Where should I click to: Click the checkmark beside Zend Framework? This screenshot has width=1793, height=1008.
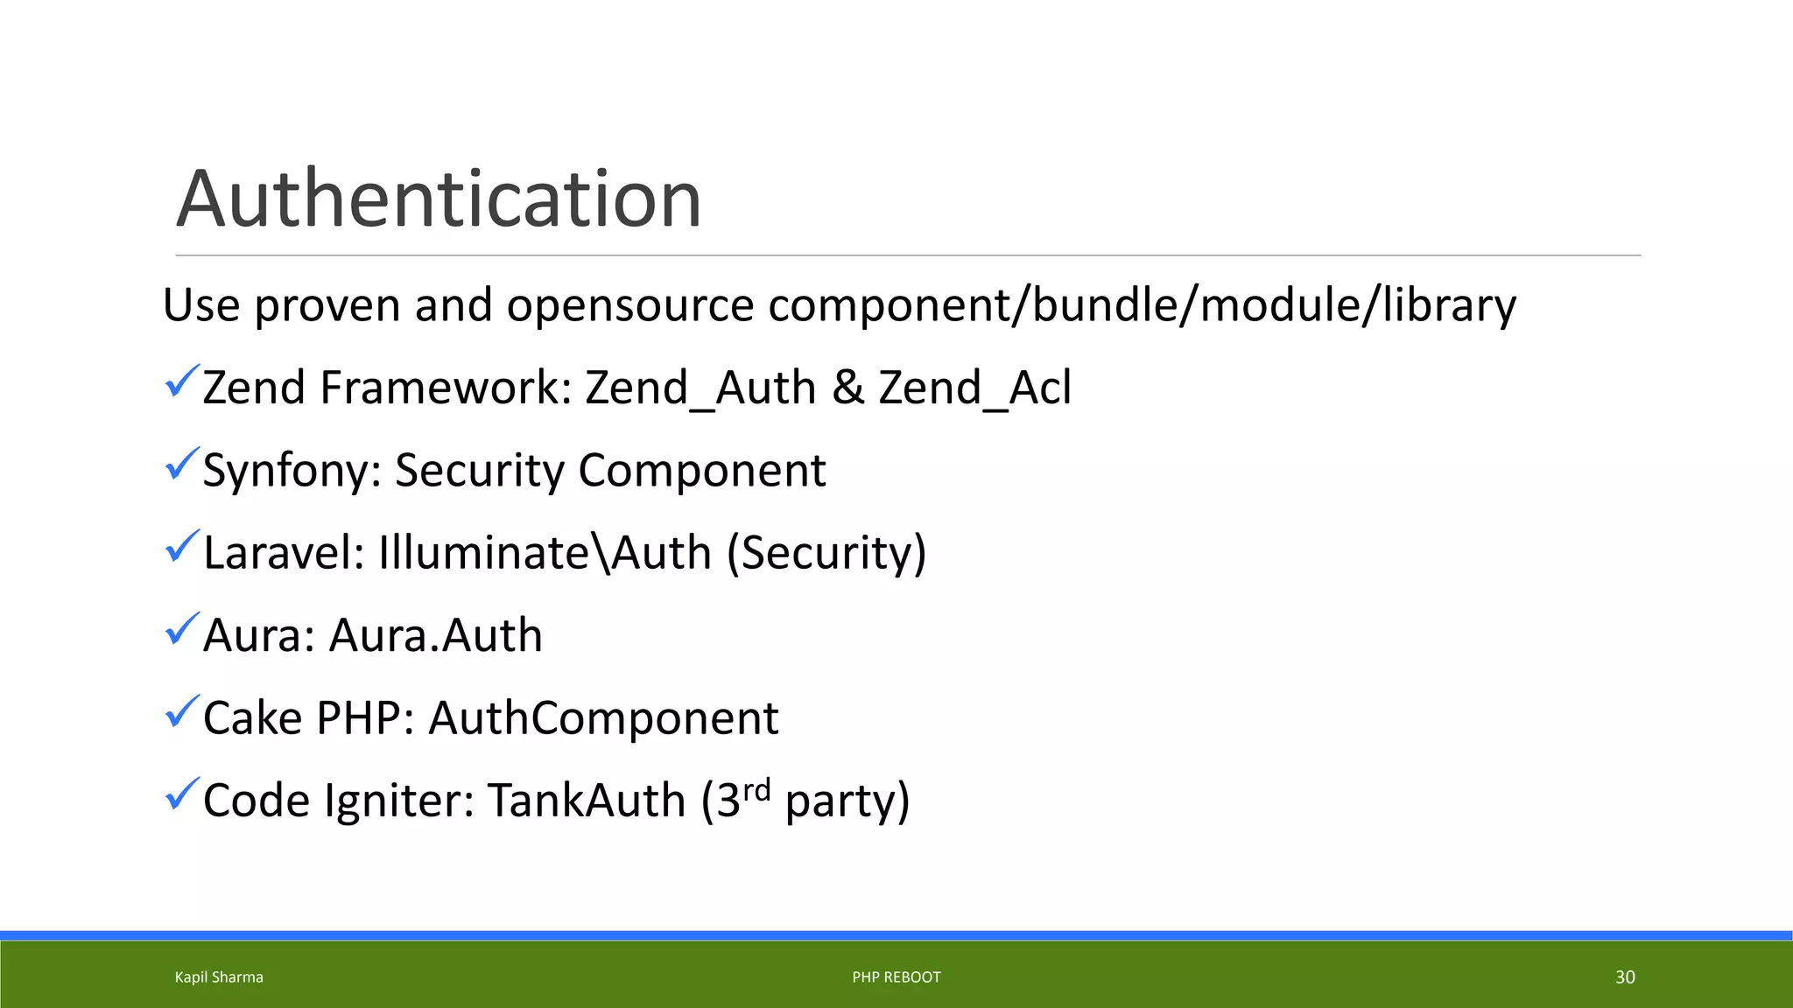(x=182, y=381)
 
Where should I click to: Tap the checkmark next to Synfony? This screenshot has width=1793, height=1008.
(x=182, y=464)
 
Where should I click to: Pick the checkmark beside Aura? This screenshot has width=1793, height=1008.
(x=182, y=629)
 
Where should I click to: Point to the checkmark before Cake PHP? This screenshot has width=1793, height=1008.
(x=182, y=711)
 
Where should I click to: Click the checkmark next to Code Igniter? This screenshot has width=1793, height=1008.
(x=182, y=794)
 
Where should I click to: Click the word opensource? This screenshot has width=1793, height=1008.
(x=629, y=305)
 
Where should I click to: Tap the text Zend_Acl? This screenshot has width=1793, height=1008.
(x=974, y=388)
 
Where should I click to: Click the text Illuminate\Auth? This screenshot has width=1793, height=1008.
(x=545, y=553)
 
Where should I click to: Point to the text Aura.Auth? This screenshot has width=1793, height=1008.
(x=435, y=635)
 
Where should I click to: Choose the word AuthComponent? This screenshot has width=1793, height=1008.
(x=603, y=718)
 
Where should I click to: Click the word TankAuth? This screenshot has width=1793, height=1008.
(x=587, y=801)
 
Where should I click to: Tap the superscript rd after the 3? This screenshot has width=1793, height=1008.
(x=756, y=789)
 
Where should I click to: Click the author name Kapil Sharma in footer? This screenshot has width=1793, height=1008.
(x=219, y=977)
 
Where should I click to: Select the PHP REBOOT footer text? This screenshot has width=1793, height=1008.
(x=896, y=977)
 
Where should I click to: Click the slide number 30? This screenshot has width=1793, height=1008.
(x=1625, y=977)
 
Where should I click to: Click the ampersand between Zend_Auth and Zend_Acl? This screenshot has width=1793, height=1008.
(x=847, y=388)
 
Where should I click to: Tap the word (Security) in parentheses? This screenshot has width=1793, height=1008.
(x=826, y=553)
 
